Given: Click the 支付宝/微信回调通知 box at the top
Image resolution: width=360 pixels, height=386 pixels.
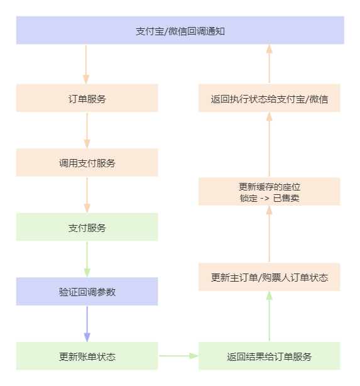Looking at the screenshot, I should click(x=180, y=31).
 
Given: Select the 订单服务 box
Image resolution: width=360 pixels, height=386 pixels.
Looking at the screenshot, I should click(x=87, y=99).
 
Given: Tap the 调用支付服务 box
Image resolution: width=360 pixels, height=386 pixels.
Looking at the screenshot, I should click(x=87, y=163).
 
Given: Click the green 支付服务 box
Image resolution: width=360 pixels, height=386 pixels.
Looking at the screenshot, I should click(x=87, y=228).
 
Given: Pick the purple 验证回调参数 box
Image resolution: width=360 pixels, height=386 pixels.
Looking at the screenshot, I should click(x=87, y=292).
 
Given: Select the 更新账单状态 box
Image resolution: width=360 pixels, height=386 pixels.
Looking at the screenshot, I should click(x=87, y=356).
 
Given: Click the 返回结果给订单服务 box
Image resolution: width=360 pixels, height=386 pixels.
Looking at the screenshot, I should click(x=269, y=356).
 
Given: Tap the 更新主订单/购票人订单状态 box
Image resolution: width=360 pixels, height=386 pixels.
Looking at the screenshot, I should click(x=269, y=277).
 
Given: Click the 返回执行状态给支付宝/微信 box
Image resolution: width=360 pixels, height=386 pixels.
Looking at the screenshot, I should click(x=269, y=99).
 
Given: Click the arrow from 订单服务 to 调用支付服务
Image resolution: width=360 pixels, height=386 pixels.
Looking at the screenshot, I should click(x=87, y=130).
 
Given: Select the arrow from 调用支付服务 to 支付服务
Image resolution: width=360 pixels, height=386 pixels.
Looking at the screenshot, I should click(x=87, y=195).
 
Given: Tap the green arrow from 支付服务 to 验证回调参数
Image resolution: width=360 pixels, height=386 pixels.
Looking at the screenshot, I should click(x=87, y=260).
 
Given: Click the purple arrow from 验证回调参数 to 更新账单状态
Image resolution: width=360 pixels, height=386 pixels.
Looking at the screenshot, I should click(x=87, y=324).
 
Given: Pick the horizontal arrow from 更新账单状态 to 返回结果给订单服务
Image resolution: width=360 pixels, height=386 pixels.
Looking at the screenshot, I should click(x=178, y=356).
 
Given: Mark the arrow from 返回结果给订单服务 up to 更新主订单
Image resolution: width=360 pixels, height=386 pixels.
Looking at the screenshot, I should click(x=269, y=317).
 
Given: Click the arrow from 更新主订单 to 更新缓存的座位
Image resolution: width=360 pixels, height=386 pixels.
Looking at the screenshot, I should click(x=269, y=234).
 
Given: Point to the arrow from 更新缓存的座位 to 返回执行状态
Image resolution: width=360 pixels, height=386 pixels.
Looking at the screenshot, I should click(x=269, y=145).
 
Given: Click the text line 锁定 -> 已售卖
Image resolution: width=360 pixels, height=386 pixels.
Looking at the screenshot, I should click(x=269, y=198).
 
